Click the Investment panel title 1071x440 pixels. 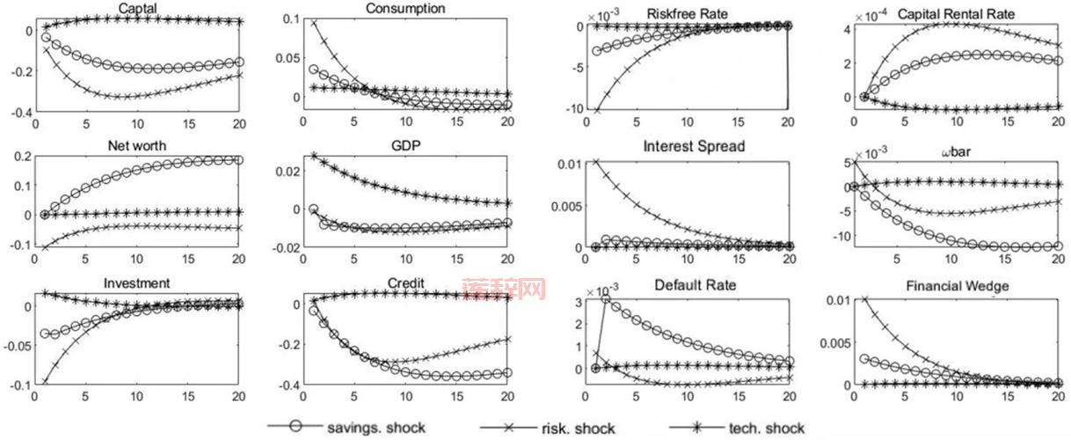[136, 284]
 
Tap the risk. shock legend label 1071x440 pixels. [577, 429]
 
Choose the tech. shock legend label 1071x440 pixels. [766, 429]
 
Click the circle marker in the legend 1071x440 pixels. [296, 427]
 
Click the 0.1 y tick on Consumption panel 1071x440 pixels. [288, 20]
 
